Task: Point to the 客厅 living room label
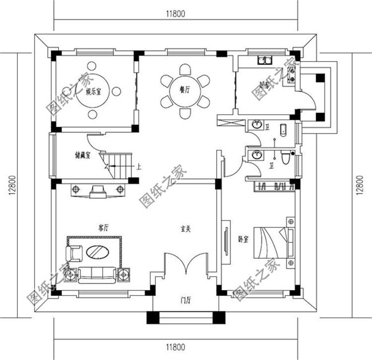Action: point(103,228)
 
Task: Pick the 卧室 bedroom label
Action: point(243,240)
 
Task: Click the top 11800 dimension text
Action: point(176,14)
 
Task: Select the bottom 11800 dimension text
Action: point(176,347)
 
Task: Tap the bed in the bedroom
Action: point(270,242)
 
